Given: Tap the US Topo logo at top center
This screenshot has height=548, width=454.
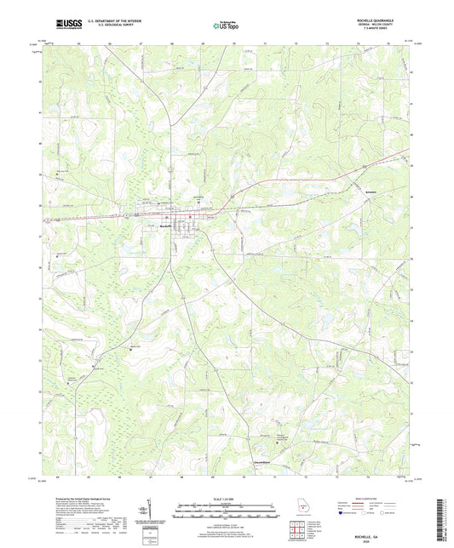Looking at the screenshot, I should click(x=223, y=26).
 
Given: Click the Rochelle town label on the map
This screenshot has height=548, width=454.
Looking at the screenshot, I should click(x=168, y=225).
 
